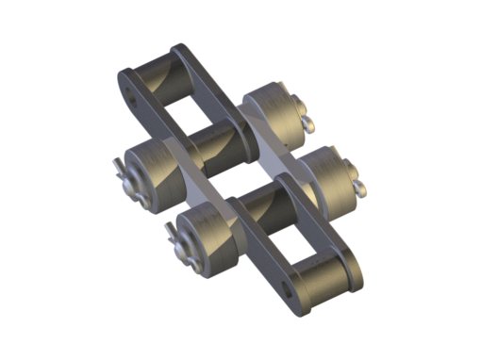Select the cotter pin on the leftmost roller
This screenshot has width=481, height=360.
pos(118,176)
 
